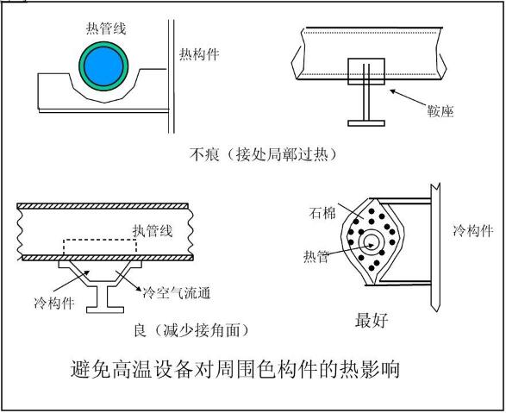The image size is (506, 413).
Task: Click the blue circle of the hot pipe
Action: click(x=103, y=66)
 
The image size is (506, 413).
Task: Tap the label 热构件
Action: click(x=199, y=54)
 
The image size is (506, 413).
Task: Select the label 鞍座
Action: click(x=440, y=111)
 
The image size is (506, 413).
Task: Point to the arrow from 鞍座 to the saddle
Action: click(x=409, y=97)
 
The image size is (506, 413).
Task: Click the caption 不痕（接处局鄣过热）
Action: click(x=263, y=154)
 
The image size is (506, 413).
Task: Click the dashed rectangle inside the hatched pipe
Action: click(x=100, y=247)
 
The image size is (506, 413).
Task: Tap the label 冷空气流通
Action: click(x=177, y=293)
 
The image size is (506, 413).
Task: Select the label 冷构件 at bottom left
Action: click(x=54, y=303)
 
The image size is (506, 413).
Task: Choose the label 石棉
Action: click(x=322, y=213)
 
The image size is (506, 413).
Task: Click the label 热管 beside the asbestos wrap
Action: click(x=316, y=257)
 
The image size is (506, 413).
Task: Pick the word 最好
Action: click(x=372, y=320)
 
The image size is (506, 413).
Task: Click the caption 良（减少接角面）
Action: click(x=191, y=330)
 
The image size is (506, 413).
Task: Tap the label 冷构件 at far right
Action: click(x=472, y=231)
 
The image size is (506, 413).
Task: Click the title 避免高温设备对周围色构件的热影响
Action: click(x=235, y=369)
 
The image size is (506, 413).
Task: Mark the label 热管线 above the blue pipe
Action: click(x=106, y=28)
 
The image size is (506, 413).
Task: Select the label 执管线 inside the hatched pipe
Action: click(x=153, y=231)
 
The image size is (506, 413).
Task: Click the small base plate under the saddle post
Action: click(x=366, y=123)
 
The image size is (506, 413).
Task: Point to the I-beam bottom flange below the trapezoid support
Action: click(x=105, y=310)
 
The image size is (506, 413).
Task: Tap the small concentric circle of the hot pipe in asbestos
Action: click(x=371, y=245)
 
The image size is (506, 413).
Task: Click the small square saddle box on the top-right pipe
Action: click(x=366, y=72)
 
